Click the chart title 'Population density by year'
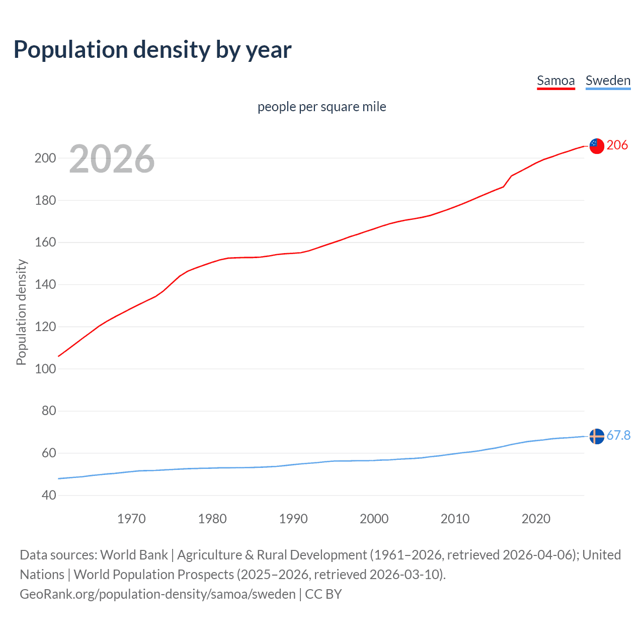click(152, 50)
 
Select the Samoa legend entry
click(555, 80)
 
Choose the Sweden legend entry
click(608, 80)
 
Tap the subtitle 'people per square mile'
click(321, 107)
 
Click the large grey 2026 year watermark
click(112, 159)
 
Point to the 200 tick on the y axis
click(45, 158)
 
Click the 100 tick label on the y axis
click(45, 369)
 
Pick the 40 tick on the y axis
click(49, 495)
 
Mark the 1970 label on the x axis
click(131, 519)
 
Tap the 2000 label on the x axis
click(374, 519)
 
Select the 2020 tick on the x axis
click(536, 519)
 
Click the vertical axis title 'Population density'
click(21, 312)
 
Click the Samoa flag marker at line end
click(597, 146)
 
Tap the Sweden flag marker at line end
click(597, 436)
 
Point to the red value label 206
click(617, 145)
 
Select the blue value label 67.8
click(618, 435)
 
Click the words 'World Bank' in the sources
click(134, 555)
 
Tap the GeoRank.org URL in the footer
click(157, 594)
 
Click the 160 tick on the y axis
click(45, 243)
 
